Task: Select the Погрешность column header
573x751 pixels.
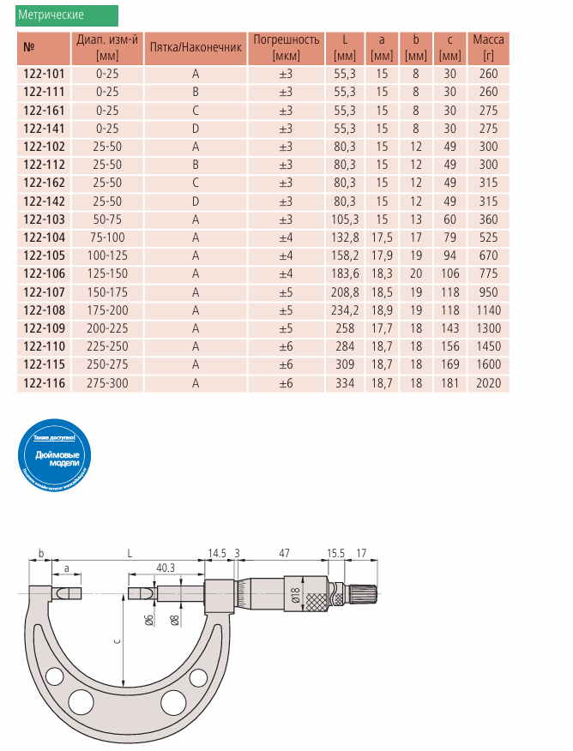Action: [286, 47]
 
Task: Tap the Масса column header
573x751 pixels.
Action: [489, 47]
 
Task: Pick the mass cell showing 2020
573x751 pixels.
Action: [489, 383]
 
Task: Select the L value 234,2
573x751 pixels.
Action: [344, 310]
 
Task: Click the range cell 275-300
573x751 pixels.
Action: [107, 383]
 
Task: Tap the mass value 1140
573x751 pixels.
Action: [489, 310]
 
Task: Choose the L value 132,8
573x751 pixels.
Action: [344, 237]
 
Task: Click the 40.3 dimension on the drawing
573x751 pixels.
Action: [166, 568]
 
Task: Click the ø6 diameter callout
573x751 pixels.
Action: [149, 620]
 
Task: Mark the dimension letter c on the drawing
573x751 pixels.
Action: [117, 640]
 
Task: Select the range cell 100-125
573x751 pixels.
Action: [107, 255]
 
